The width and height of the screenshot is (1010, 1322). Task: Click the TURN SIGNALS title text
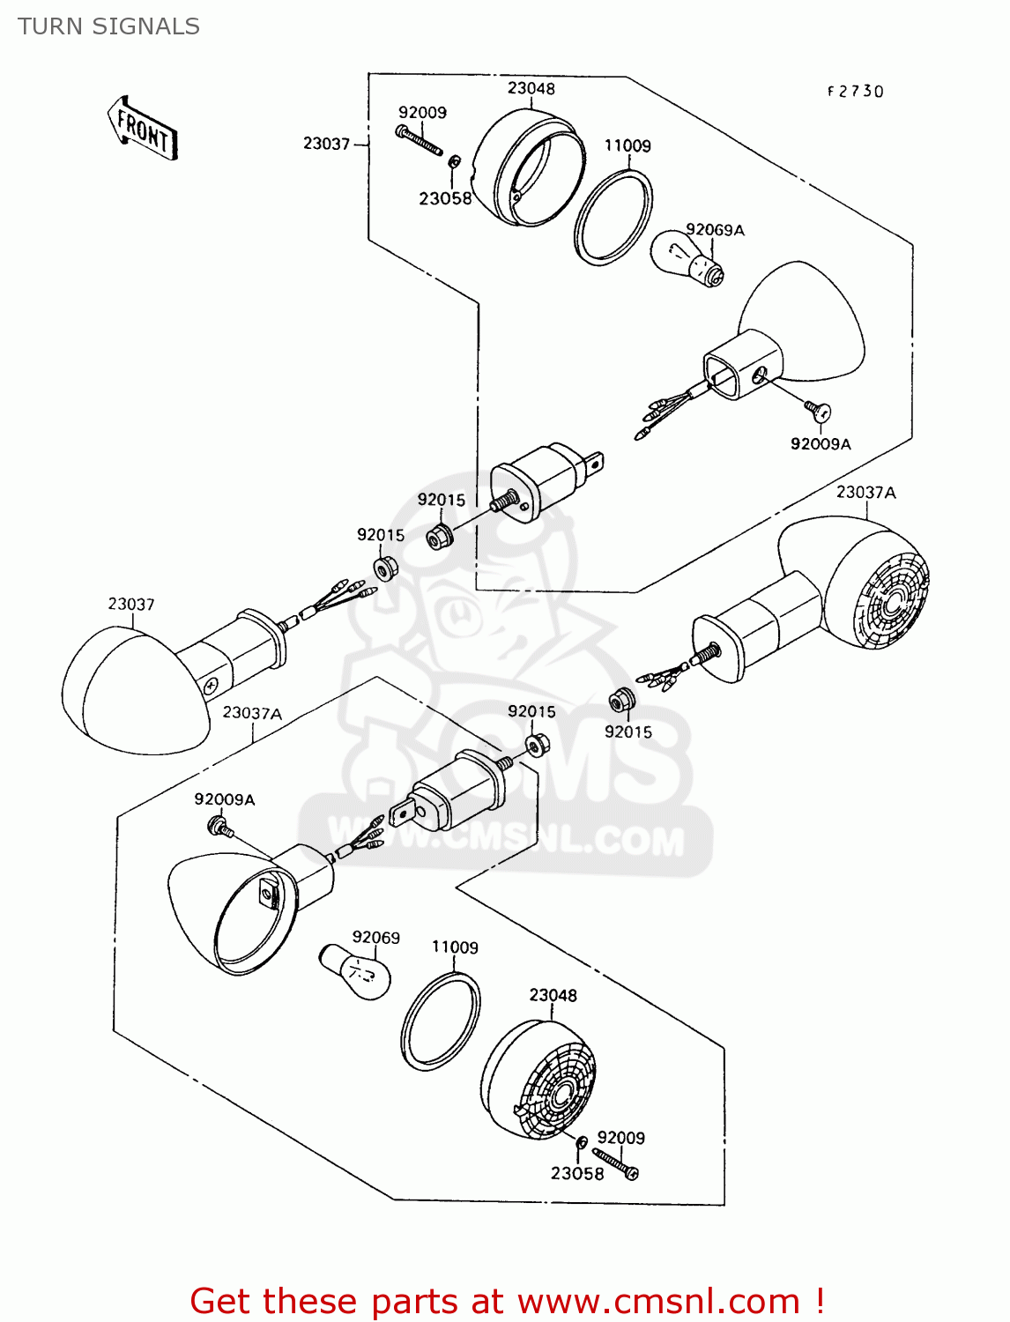[x=108, y=26]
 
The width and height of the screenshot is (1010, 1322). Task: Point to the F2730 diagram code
[x=854, y=92]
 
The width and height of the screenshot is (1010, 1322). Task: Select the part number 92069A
[x=715, y=230]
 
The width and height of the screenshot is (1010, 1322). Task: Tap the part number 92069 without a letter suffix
[x=375, y=937]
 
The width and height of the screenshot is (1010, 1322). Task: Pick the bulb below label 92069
[x=354, y=972]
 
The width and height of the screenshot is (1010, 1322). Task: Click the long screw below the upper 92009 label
[x=420, y=140]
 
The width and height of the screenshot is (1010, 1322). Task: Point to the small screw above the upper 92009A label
[x=816, y=410]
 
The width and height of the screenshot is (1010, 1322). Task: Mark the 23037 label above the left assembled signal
[x=131, y=604]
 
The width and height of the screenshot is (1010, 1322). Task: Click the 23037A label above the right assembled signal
[x=865, y=492]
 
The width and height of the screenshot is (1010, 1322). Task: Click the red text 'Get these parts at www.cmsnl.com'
[x=507, y=1301]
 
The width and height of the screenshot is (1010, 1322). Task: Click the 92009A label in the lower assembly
[x=225, y=799]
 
